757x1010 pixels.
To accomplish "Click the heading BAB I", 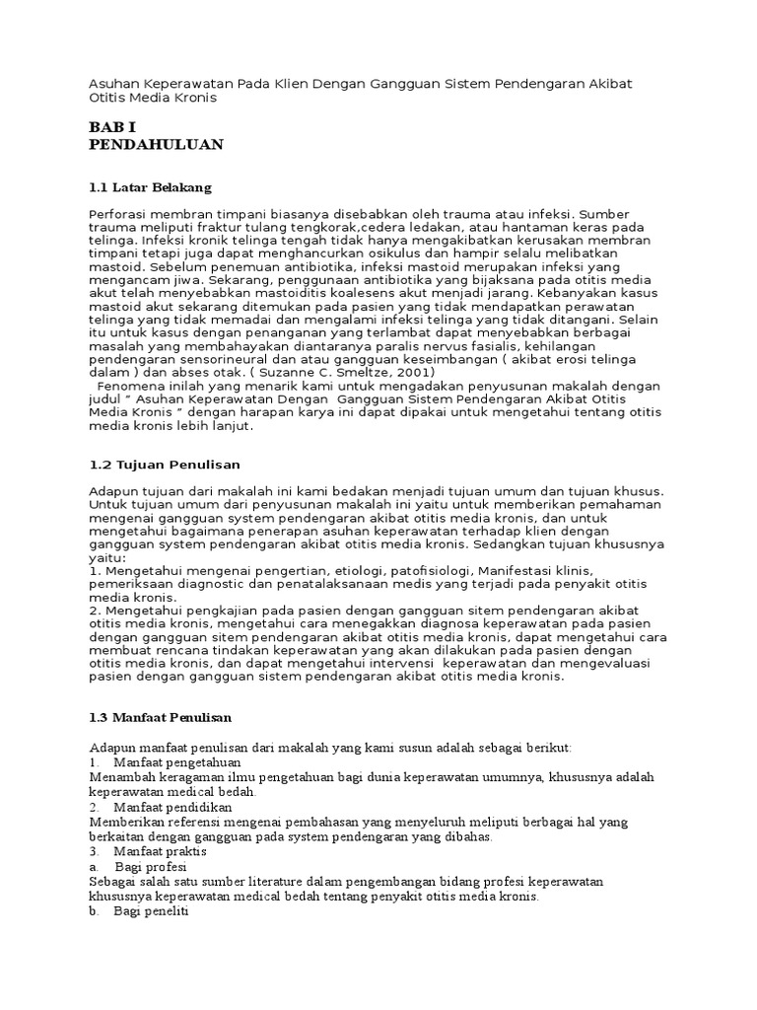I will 114,126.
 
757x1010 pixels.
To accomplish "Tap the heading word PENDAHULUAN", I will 156,145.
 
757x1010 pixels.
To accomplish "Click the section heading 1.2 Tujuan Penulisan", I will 165,464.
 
